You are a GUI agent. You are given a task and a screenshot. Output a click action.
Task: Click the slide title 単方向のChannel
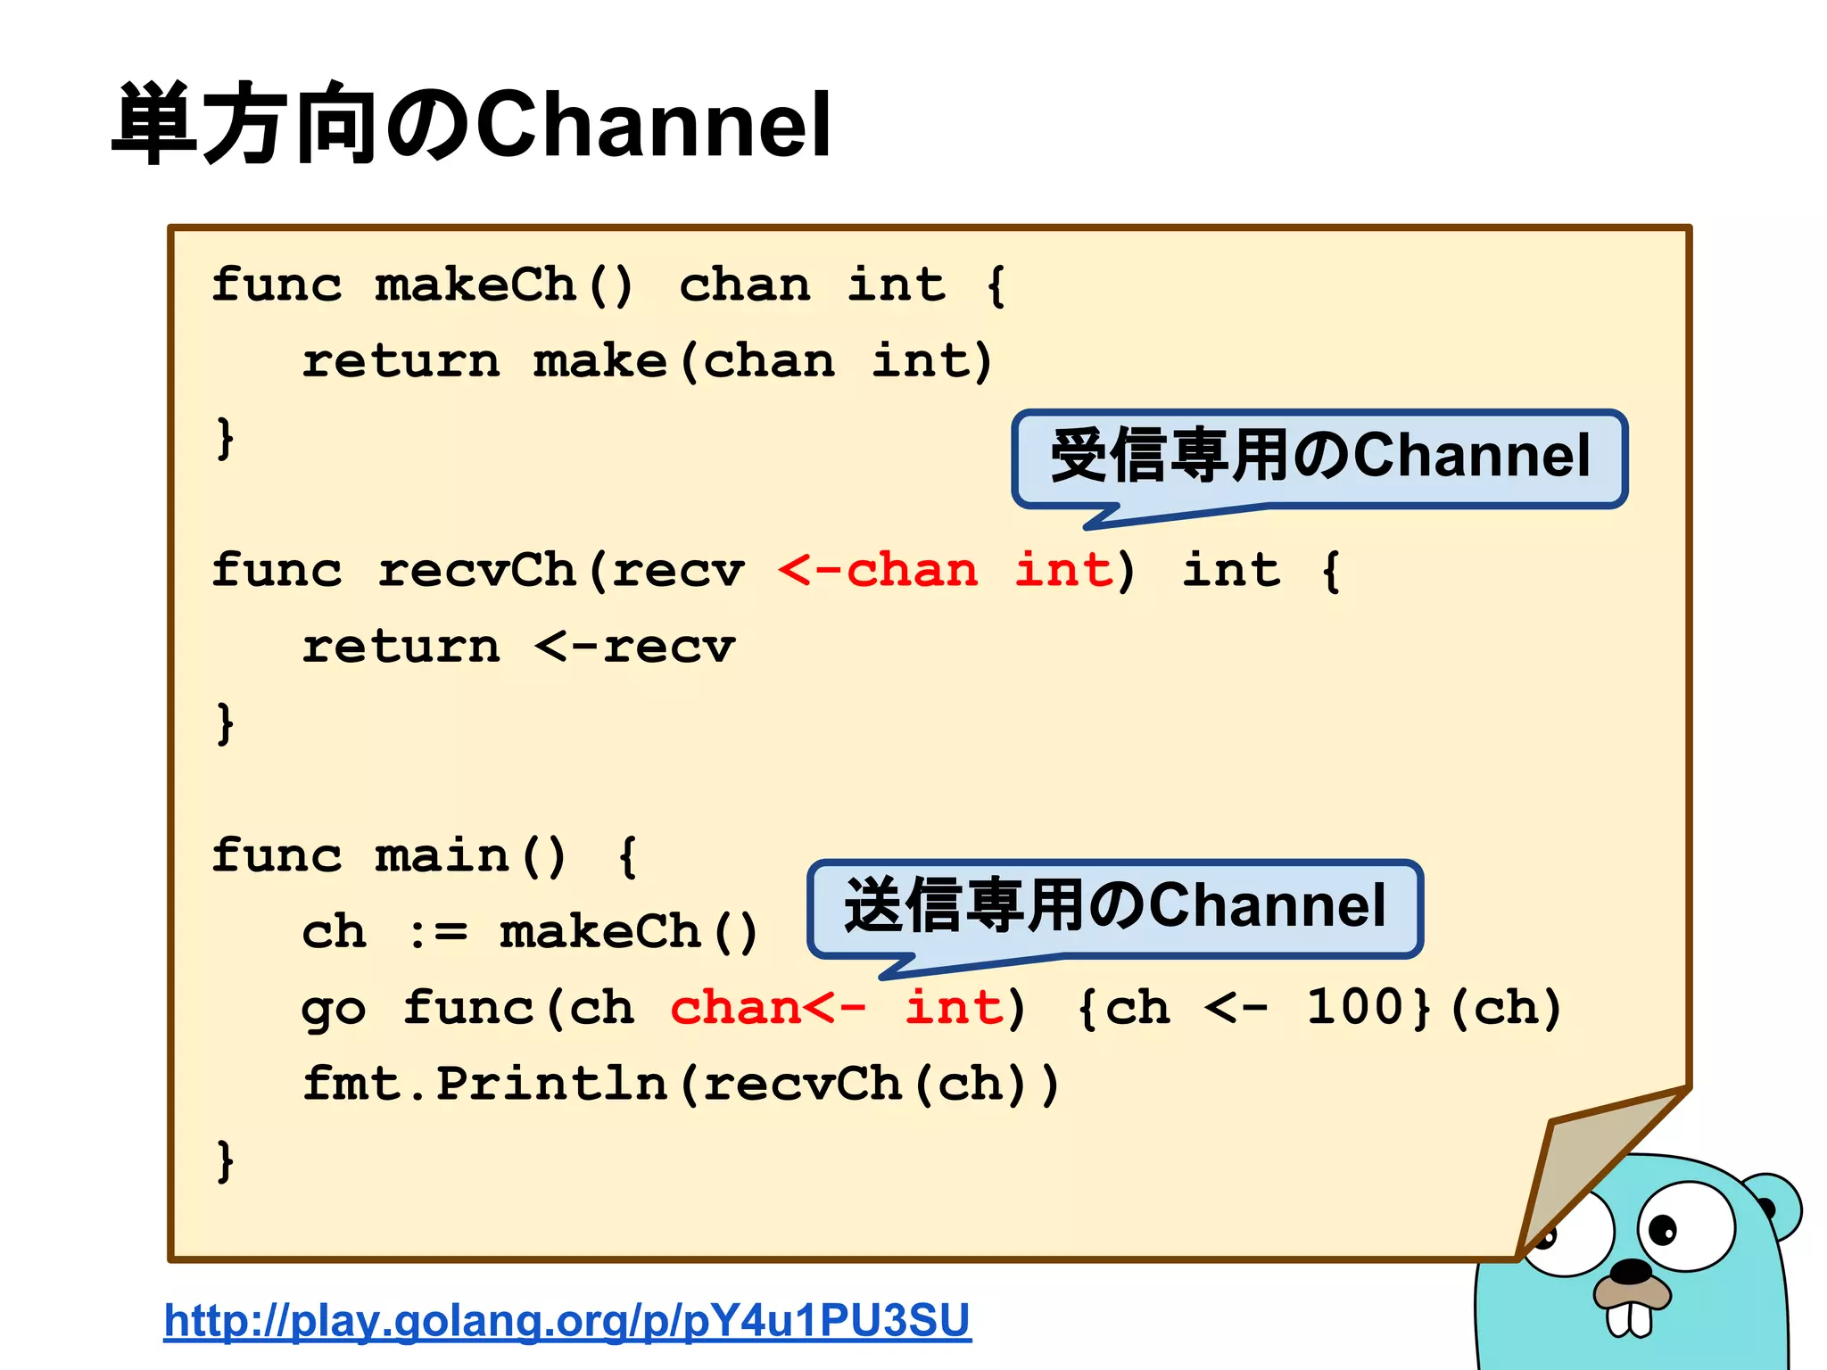(473, 125)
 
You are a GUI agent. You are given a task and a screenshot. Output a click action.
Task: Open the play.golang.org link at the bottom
(567, 1320)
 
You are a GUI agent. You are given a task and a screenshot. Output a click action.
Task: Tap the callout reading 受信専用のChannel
(1320, 457)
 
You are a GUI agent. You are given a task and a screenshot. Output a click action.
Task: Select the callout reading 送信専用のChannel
(1115, 906)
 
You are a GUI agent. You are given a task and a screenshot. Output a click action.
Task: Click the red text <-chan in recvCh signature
(878, 571)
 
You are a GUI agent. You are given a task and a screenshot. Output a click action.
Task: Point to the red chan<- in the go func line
(767, 1008)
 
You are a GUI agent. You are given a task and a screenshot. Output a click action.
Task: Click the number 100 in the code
(1356, 1008)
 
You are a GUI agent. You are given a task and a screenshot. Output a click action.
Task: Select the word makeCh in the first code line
(475, 285)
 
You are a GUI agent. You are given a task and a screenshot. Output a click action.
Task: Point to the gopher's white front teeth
(1629, 1318)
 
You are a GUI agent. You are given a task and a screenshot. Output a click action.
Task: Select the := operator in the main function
(437, 933)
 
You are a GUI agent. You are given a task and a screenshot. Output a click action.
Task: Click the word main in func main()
(442, 856)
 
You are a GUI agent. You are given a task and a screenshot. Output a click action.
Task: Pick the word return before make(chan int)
(401, 362)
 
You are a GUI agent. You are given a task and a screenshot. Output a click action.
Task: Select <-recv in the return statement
(635, 648)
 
